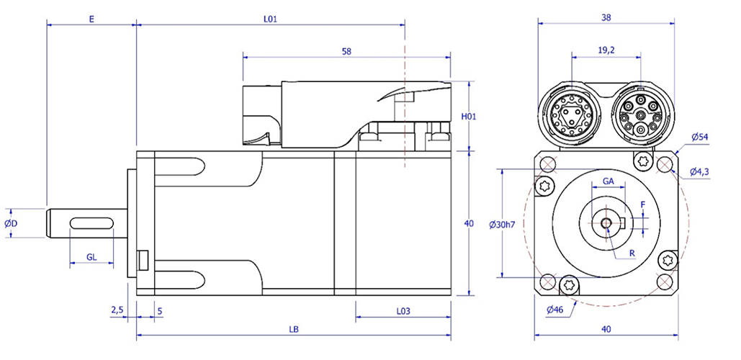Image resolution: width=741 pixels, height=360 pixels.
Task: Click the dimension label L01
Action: [270, 19]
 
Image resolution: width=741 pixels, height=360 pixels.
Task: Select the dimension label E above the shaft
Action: [91, 19]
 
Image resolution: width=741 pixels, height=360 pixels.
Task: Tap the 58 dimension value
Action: [346, 52]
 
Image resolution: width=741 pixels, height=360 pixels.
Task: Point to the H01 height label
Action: [468, 116]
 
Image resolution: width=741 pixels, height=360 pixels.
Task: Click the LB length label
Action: [294, 329]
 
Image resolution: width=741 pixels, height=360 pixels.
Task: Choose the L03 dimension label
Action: [403, 311]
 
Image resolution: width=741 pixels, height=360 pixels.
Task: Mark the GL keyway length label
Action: [91, 257]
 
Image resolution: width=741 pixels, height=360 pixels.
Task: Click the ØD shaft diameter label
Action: [11, 223]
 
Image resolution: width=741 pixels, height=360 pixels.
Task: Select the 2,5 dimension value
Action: [117, 310]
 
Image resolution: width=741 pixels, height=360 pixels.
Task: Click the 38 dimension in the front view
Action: [606, 17]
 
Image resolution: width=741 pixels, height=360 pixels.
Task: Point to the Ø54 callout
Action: [700, 137]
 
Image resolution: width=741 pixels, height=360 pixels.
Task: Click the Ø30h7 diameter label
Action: [502, 224]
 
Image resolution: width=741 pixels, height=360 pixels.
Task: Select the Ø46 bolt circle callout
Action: [554, 310]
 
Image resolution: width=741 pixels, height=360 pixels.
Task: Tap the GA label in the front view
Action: [608, 181]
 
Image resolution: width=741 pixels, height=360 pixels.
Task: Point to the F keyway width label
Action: [642, 204]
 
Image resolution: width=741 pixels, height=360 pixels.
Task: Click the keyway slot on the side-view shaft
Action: [91, 222]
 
